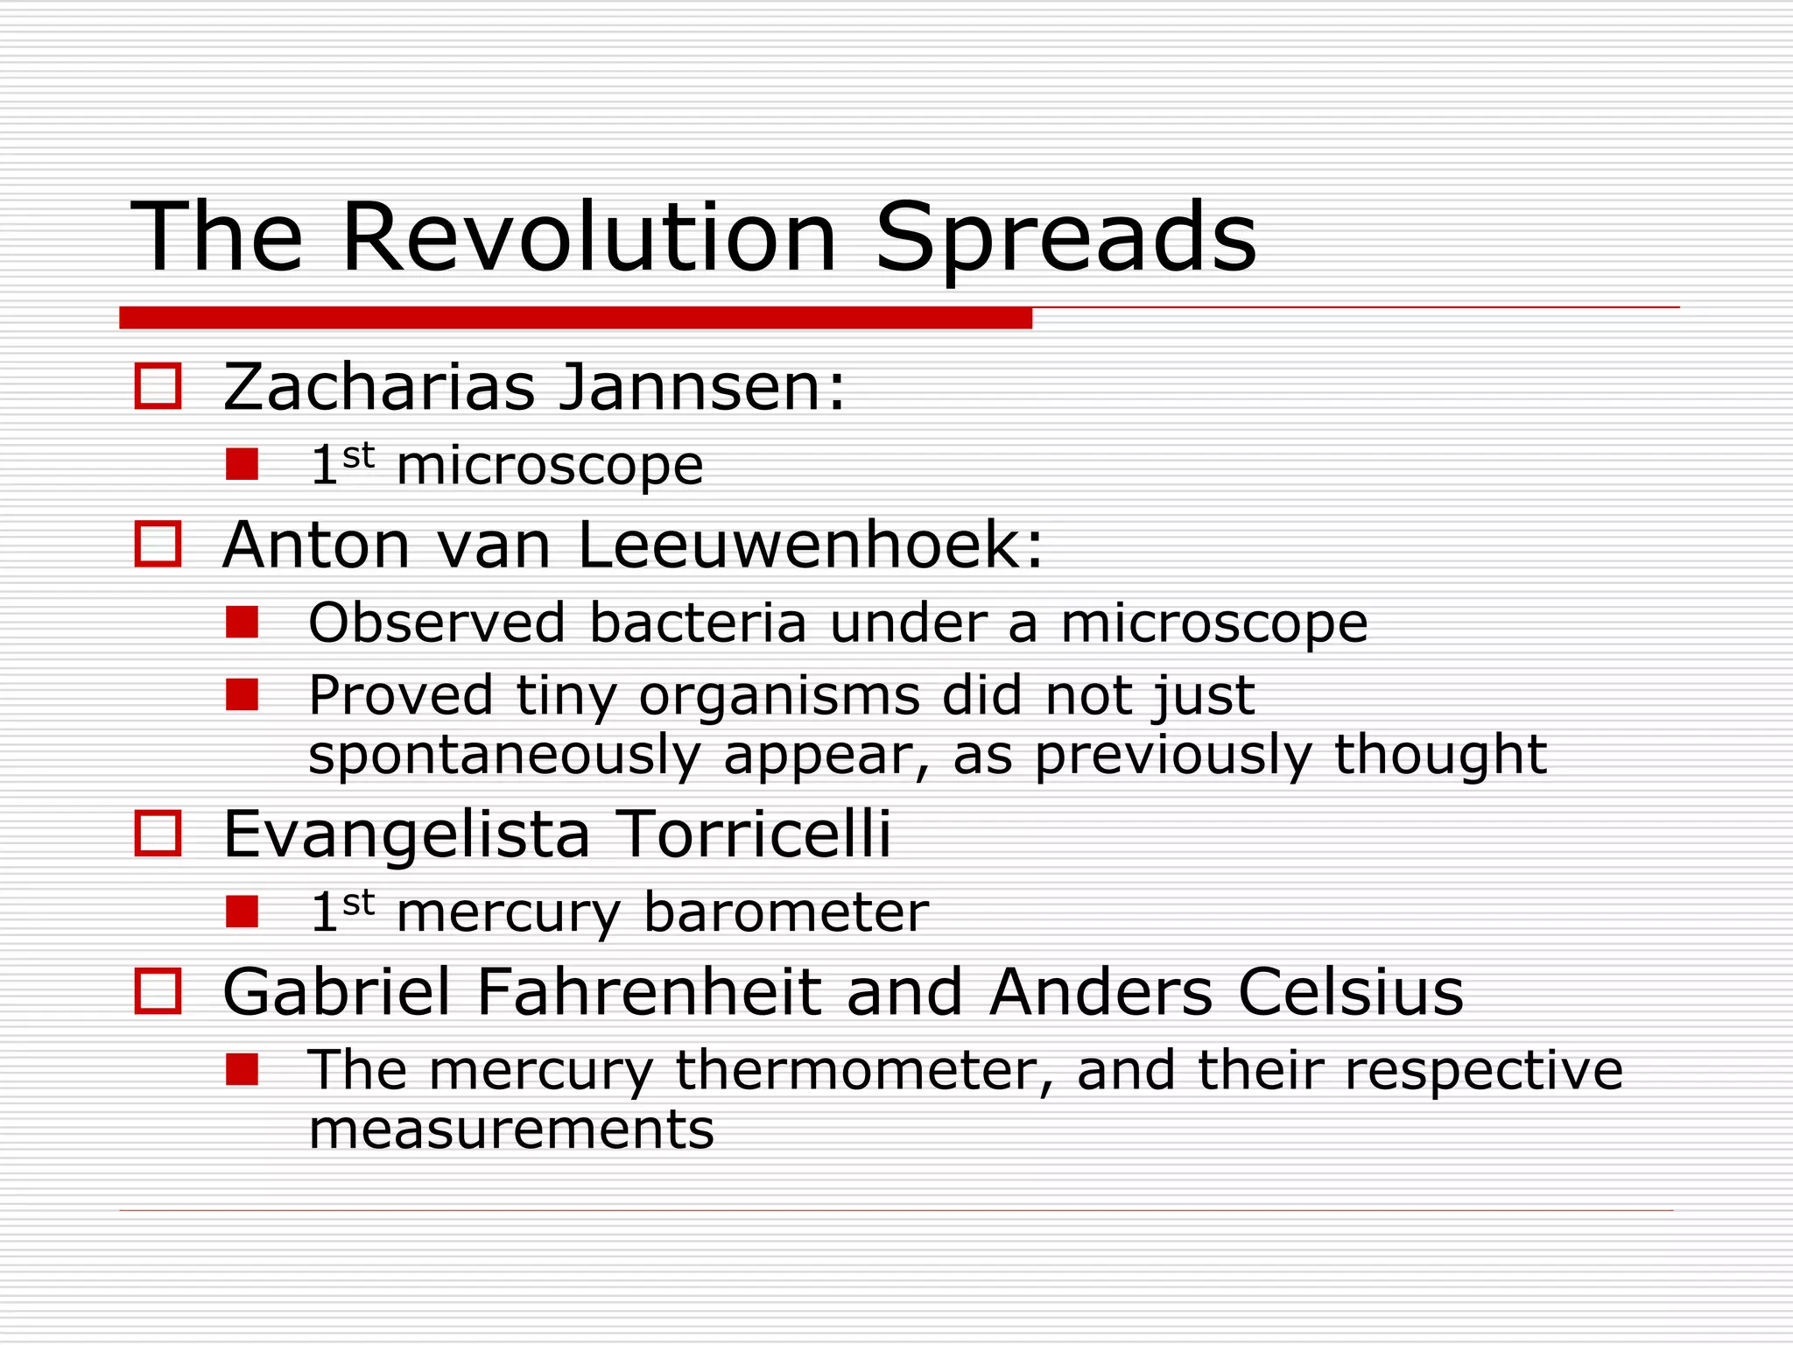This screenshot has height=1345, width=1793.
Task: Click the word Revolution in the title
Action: (x=588, y=238)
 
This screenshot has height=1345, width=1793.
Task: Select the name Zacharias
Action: (x=378, y=387)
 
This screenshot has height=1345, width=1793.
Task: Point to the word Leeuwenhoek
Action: (x=810, y=546)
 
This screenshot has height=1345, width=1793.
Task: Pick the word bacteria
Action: (x=697, y=623)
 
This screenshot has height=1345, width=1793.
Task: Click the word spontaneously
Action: (x=504, y=755)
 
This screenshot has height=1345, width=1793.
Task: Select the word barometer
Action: (x=785, y=912)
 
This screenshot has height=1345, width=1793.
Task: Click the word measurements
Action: (x=511, y=1130)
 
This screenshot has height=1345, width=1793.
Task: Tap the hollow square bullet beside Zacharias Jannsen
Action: (x=158, y=386)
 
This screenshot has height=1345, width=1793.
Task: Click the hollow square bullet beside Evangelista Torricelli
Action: (x=158, y=833)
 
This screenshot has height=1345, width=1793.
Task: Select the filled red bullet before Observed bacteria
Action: (x=242, y=623)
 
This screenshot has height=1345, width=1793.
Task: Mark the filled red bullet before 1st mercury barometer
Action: (x=242, y=912)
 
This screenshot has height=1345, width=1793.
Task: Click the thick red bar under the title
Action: (x=575, y=318)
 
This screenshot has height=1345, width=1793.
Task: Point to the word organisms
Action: (x=779, y=696)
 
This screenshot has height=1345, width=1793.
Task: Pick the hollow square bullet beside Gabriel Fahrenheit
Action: (x=158, y=991)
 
